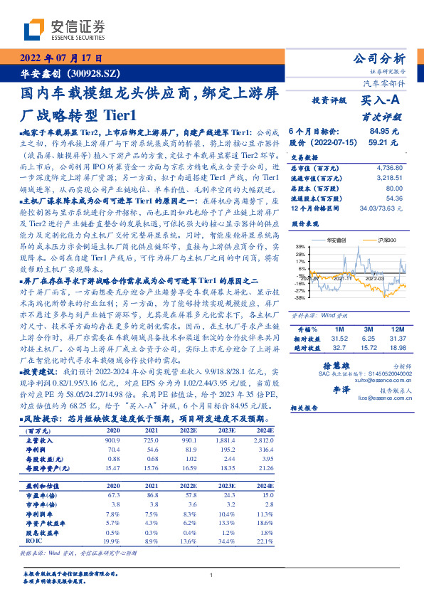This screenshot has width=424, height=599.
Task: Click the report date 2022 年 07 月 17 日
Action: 58,58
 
